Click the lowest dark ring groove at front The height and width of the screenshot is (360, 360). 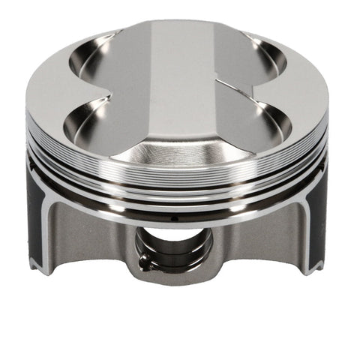(180, 211)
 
